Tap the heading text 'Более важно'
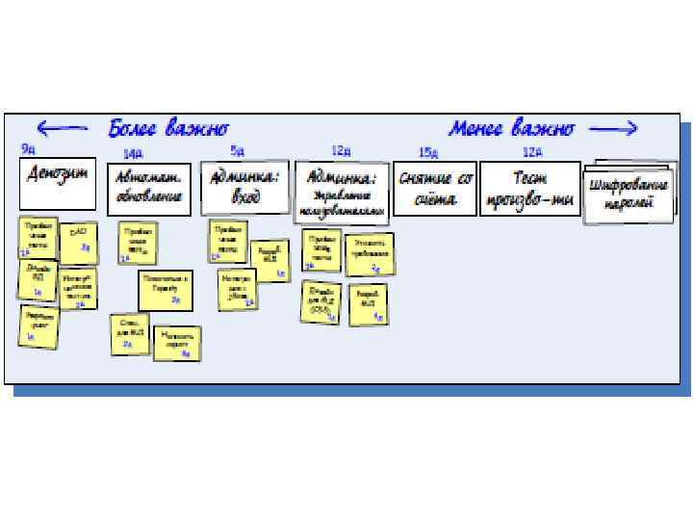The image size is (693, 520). tap(168, 128)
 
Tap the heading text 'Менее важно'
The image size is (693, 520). tap(512, 128)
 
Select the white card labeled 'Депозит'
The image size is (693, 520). tap(59, 183)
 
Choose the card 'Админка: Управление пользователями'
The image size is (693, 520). tap(342, 189)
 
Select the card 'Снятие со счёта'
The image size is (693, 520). tap(435, 189)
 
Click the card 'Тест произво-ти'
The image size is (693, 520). tap(529, 188)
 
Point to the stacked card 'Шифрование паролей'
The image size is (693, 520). tap(629, 193)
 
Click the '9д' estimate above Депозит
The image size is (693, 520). tap(29, 148)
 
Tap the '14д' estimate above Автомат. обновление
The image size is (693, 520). tap(132, 153)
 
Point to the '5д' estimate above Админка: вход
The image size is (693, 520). tap(237, 150)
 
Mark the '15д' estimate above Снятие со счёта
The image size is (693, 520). tap(427, 153)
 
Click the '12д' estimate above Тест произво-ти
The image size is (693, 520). tap(532, 152)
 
